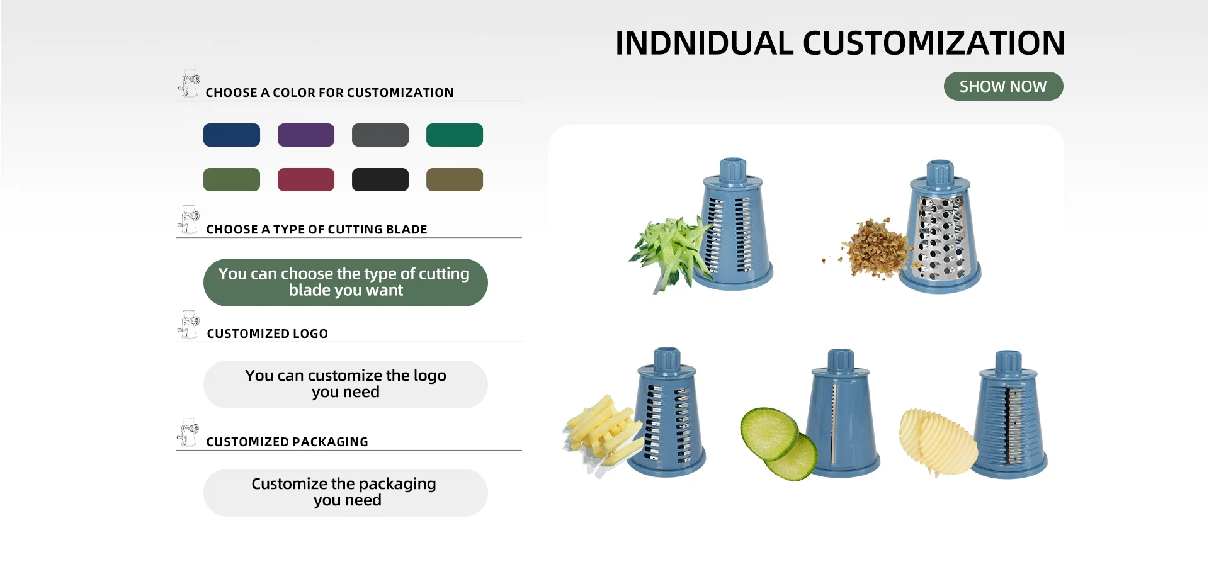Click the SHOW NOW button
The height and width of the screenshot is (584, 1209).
click(x=1003, y=86)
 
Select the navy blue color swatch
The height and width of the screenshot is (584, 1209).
click(x=232, y=135)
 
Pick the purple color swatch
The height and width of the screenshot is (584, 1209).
click(x=306, y=135)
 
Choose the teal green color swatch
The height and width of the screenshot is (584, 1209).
click(x=455, y=135)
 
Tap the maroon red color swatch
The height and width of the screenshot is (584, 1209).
click(x=306, y=179)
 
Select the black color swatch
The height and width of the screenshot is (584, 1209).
click(x=380, y=179)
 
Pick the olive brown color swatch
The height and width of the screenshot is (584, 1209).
click(x=455, y=179)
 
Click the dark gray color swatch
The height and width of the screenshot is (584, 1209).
click(x=380, y=135)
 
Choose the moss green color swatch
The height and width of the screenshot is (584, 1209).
click(x=232, y=179)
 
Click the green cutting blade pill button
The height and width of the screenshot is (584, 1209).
click(x=346, y=283)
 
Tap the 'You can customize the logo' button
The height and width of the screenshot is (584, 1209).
click(x=346, y=385)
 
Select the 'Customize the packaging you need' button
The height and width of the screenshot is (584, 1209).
click(x=346, y=493)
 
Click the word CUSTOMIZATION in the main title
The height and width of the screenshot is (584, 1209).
click(x=934, y=43)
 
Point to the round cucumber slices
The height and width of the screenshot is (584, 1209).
click(x=779, y=442)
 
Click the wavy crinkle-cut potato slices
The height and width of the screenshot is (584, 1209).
click(x=938, y=442)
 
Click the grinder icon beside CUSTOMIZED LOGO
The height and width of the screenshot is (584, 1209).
click(x=188, y=325)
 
